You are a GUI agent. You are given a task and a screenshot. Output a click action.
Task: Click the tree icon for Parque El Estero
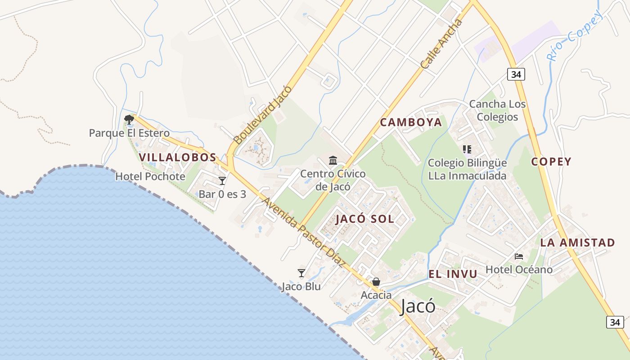click(x=129, y=119)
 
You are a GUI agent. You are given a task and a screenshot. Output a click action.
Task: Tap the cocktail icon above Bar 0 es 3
click(x=222, y=181)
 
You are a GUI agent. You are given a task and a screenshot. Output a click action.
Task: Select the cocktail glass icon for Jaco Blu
click(x=301, y=273)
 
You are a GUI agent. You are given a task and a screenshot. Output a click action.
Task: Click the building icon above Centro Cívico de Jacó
click(x=333, y=160)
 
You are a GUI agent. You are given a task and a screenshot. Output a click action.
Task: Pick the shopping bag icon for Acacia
click(x=376, y=282)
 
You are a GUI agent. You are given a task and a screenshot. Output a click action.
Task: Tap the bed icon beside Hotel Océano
click(x=519, y=256)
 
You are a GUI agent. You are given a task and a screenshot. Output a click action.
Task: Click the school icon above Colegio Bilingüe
click(x=467, y=149)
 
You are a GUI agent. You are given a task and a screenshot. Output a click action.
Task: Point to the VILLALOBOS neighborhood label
click(x=177, y=157)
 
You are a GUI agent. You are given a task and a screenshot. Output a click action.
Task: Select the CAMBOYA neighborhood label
click(x=411, y=122)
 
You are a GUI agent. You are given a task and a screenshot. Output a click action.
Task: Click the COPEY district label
click(x=551, y=162)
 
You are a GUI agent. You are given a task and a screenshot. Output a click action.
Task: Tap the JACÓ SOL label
click(x=364, y=219)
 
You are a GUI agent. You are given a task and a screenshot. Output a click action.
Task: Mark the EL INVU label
click(x=453, y=274)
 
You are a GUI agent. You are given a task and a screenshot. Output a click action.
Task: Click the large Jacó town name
click(x=418, y=306)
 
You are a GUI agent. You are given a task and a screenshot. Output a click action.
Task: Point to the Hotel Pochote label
click(x=150, y=176)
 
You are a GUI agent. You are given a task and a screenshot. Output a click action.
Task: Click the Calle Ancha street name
click(x=441, y=44)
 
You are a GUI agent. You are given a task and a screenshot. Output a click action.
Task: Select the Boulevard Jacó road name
click(x=263, y=113)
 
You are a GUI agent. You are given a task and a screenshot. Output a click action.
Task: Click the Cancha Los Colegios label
click(x=497, y=111)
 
